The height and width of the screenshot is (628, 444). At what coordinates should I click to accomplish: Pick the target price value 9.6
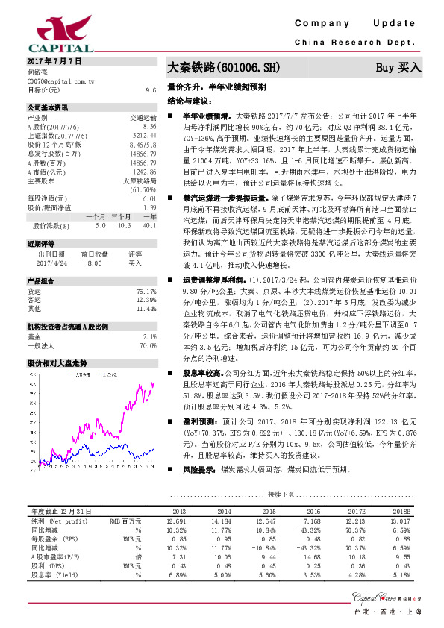[x=150, y=89]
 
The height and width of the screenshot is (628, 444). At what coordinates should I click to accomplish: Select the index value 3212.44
[x=143, y=134]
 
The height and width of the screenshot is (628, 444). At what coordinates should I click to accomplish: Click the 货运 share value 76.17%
[x=146, y=291]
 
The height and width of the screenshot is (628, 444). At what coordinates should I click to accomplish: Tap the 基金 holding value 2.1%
[x=148, y=336]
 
